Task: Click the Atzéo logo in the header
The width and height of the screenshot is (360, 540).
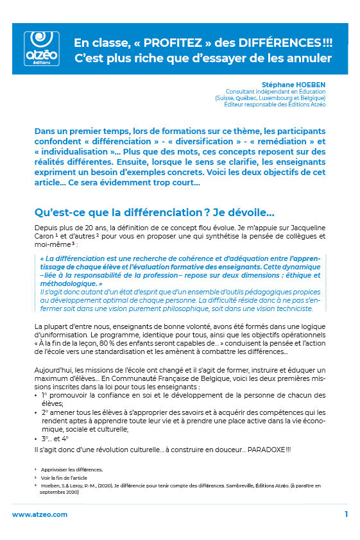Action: (40, 49)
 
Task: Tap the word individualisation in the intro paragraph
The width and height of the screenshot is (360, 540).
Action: (76, 151)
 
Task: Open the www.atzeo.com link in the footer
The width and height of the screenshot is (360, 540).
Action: (39, 514)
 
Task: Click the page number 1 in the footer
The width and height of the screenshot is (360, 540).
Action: (346, 514)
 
